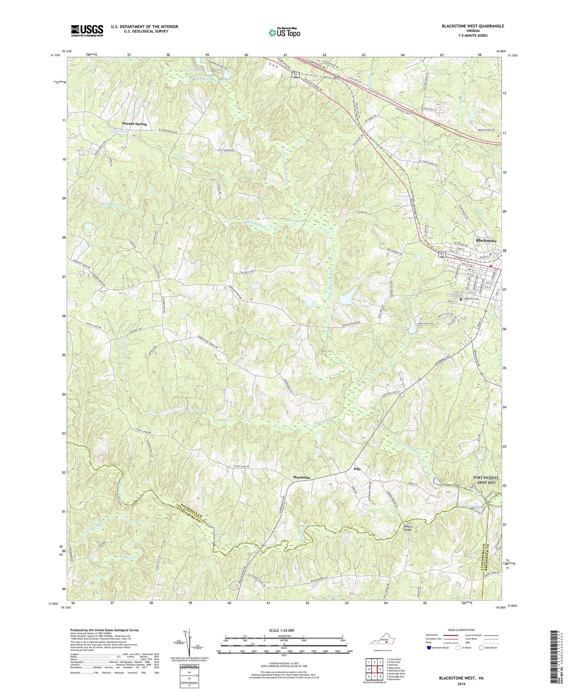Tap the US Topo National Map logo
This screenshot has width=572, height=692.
(284, 32)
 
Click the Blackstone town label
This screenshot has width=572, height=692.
(486, 241)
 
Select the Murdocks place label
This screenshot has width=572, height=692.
(301, 477)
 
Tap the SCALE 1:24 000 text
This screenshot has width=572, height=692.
(283, 630)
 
